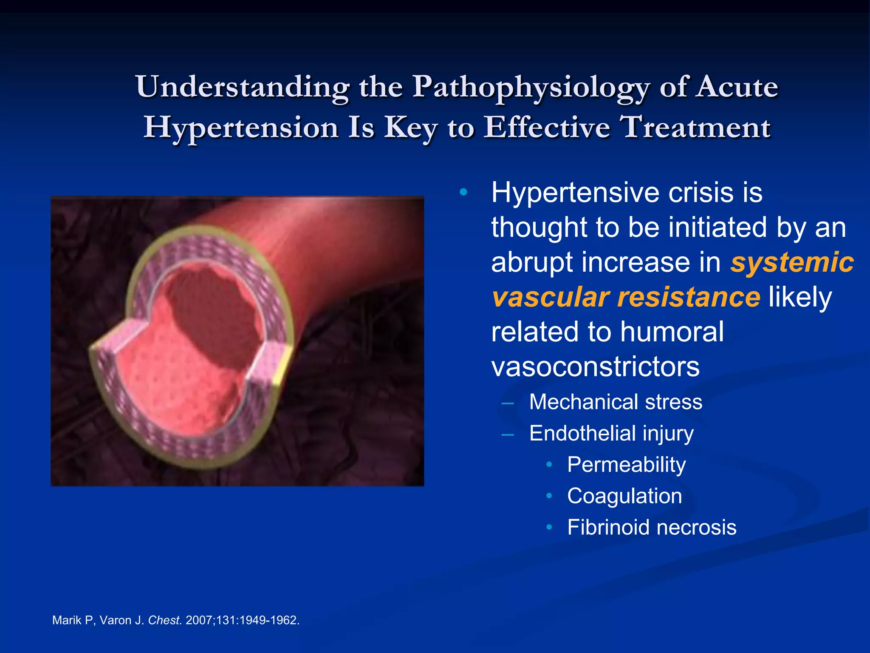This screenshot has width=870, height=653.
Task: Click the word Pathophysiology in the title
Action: point(531,87)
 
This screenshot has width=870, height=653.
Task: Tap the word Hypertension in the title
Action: point(241,128)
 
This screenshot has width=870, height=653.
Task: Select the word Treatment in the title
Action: point(695,128)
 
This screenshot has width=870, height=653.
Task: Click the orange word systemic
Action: point(792,262)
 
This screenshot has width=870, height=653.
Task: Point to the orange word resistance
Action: point(689,297)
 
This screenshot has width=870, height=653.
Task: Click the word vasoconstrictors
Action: point(595,366)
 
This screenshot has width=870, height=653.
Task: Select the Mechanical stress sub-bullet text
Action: point(616,402)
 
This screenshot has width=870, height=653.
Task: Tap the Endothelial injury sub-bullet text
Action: point(611,433)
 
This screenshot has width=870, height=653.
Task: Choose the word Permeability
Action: point(626,465)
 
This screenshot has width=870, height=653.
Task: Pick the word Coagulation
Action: point(624,496)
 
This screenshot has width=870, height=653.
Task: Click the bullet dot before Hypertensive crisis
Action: point(463,193)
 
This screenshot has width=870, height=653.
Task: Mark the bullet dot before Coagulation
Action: point(549,496)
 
